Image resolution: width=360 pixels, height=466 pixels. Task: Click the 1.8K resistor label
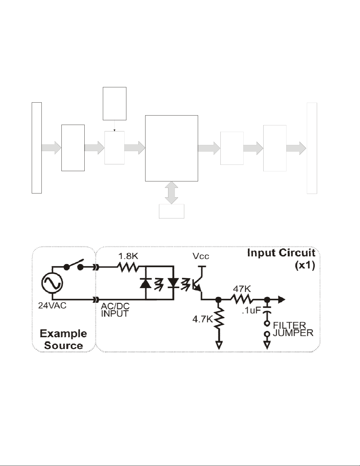pos(128,256)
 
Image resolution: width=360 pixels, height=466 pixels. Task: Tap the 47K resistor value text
pos(242,289)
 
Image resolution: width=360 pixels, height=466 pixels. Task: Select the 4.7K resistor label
pos(202,319)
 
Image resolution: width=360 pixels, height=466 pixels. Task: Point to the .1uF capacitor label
pos(251,310)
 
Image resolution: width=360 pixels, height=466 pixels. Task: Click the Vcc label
pos(201,256)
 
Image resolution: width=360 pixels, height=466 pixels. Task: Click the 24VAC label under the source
pos(52,305)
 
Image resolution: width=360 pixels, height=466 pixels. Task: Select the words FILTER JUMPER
pos(293,329)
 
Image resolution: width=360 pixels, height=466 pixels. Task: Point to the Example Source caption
pos(63,340)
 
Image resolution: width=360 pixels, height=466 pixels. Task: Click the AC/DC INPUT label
pos(115,310)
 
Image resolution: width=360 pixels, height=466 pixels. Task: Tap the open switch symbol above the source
pos(74,265)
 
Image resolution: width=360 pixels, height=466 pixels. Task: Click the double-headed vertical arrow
pos(171,193)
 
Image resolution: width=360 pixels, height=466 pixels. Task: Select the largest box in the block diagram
pos(171,148)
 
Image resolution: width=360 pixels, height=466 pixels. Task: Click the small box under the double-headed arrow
pos(171,211)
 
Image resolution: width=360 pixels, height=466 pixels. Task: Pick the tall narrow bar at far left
pos(37,148)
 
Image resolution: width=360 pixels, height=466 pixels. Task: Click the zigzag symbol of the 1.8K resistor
pos(128,267)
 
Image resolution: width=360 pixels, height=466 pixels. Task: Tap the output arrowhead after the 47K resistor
pos(282,300)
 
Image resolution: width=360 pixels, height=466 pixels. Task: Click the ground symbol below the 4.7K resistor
pos(219,345)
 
